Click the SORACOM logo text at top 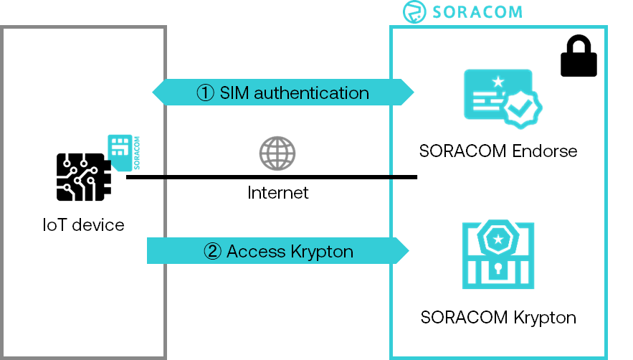pos(477,12)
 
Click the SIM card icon pos(119,152)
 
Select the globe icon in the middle pos(277,153)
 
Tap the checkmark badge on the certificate pos(521,108)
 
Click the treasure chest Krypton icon pos(498,254)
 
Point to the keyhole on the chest pos(498,271)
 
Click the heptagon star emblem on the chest pos(498,237)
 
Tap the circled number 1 pos(206,93)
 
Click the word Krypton pos(321,251)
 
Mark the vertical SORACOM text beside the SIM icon pos(135,152)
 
